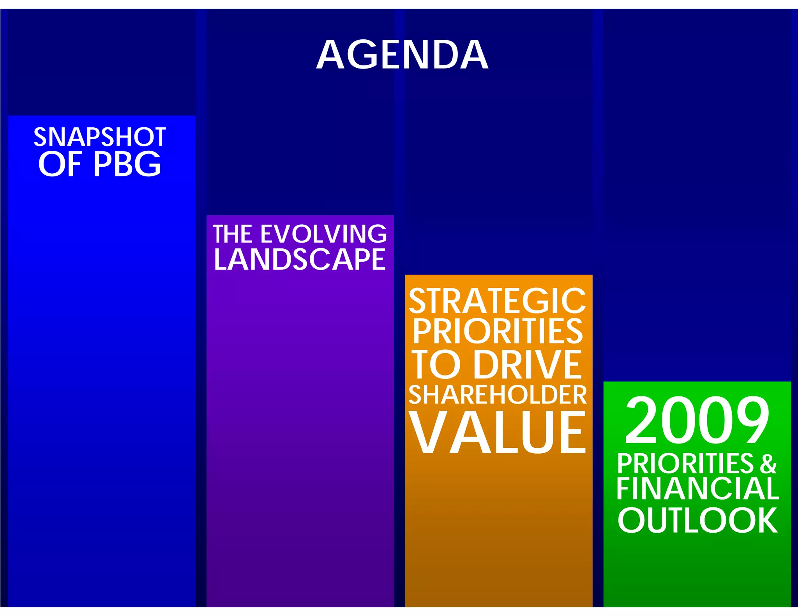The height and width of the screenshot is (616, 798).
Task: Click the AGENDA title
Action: coord(402,55)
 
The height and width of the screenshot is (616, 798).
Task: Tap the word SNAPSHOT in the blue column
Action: coord(100,137)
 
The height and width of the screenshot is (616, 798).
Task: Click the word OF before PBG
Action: coord(60,164)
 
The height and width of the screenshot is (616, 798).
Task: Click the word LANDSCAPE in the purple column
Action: coord(300,259)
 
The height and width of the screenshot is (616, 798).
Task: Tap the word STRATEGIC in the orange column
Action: coord(498,301)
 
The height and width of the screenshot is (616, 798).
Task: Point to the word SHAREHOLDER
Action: coord(498,395)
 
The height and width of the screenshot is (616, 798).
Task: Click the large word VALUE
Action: coord(498,432)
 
